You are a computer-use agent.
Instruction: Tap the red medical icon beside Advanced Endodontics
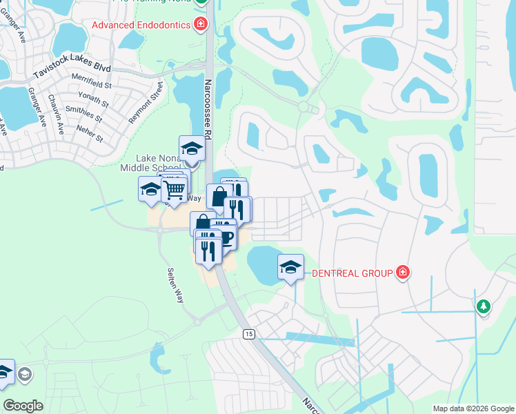click(x=201, y=26)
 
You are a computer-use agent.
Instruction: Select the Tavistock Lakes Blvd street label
click(x=72, y=70)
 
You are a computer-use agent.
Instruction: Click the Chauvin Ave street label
click(x=57, y=114)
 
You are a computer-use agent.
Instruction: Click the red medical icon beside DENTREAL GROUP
click(x=403, y=273)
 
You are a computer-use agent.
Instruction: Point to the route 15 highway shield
click(x=249, y=334)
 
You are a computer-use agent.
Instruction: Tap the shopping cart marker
click(x=175, y=188)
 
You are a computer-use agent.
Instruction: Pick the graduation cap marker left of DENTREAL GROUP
click(x=290, y=266)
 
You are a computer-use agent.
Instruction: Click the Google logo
click(x=23, y=406)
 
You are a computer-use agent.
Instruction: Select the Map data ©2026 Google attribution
click(x=473, y=408)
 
